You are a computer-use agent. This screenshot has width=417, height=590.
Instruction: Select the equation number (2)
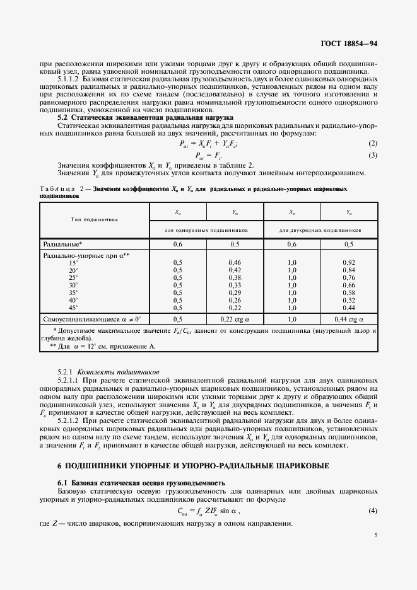(x=373, y=144)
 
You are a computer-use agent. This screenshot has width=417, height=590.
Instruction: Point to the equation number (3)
(x=373, y=155)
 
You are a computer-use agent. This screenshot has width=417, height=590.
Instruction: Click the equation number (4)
(x=373, y=510)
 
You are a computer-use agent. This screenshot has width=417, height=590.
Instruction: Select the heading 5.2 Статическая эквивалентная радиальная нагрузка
(x=145, y=117)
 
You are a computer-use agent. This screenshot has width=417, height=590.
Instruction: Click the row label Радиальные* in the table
(x=63, y=243)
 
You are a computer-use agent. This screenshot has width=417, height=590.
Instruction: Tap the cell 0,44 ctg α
(x=348, y=320)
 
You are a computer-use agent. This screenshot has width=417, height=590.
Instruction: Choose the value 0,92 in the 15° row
(x=348, y=262)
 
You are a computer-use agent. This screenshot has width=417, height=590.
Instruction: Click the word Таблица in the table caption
(x=57, y=188)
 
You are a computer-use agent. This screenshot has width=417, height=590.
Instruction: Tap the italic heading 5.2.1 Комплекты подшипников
(x=109, y=372)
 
